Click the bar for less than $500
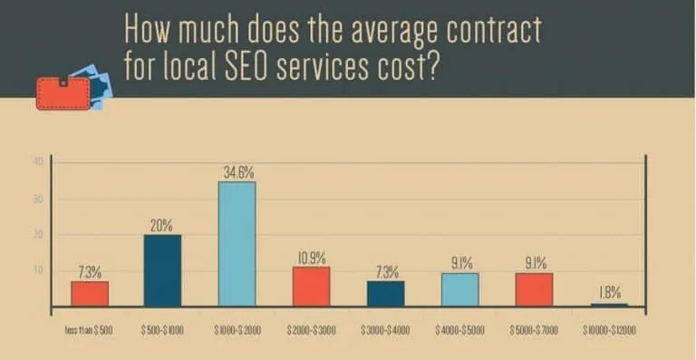[x=90, y=294]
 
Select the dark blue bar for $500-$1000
[x=163, y=270]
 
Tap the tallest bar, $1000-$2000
[x=237, y=243]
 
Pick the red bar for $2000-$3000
[x=311, y=287]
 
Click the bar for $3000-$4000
[x=386, y=294]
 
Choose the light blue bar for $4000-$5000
[x=459, y=290]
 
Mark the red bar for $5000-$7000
[x=534, y=290]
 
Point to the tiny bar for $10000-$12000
[x=608, y=305]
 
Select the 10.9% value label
[x=312, y=258]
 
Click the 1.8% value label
[x=609, y=293]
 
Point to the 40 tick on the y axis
[x=38, y=162]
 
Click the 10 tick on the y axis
[x=38, y=270]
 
